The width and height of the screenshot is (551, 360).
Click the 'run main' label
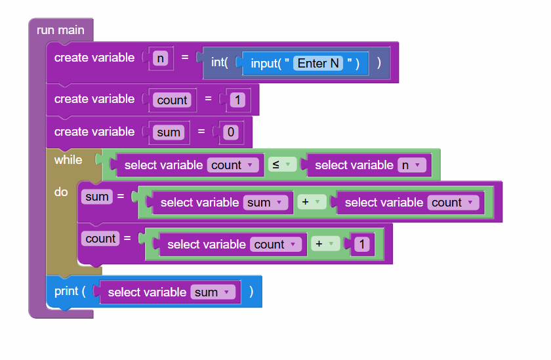(60, 30)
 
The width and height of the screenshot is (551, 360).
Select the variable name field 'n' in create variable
(160, 58)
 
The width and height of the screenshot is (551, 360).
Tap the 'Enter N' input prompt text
(318, 63)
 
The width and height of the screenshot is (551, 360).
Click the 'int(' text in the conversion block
(219, 62)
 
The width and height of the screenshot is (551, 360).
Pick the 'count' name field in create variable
(172, 100)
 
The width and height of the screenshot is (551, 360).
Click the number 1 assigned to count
(237, 100)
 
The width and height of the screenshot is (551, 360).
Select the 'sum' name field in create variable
(169, 132)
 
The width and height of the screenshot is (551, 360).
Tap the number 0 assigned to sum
(230, 132)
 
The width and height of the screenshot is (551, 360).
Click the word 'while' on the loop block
(68, 160)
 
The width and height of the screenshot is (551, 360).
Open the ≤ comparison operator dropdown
(282, 165)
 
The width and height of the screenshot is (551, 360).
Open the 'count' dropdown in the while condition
(233, 165)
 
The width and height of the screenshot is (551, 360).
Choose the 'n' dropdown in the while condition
(411, 165)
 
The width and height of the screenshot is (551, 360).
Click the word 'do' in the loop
(61, 192)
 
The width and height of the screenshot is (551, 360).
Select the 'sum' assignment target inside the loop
(97, 197)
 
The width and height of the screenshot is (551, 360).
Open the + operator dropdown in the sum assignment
(312, 202)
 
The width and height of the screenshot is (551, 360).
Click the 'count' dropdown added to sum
(453, 203)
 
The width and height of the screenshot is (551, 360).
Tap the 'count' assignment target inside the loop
(100, 239)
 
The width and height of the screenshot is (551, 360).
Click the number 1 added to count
(362, 244)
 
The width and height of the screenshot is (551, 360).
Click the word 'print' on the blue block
(66, 291)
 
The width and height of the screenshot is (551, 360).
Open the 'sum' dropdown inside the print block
(213, 292)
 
